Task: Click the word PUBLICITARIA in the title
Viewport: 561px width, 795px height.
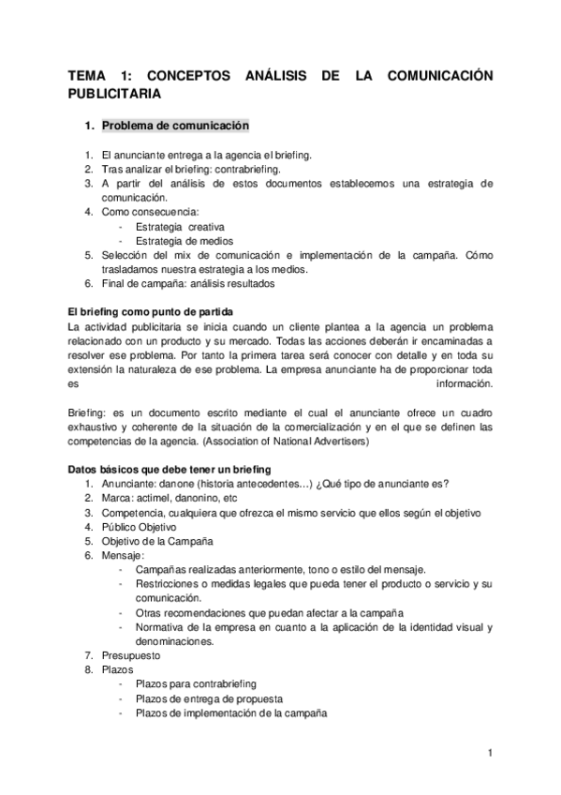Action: (115, 94)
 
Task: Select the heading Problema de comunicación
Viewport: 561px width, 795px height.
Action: (175, 126)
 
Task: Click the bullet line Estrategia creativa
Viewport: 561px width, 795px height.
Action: (180, 226)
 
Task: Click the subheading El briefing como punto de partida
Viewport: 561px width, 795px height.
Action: (150, 310)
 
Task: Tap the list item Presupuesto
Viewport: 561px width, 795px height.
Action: (131, 655)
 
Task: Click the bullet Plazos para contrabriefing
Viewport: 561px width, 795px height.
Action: (196, 684)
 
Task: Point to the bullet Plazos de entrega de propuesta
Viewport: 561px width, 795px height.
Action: (209, 698)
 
